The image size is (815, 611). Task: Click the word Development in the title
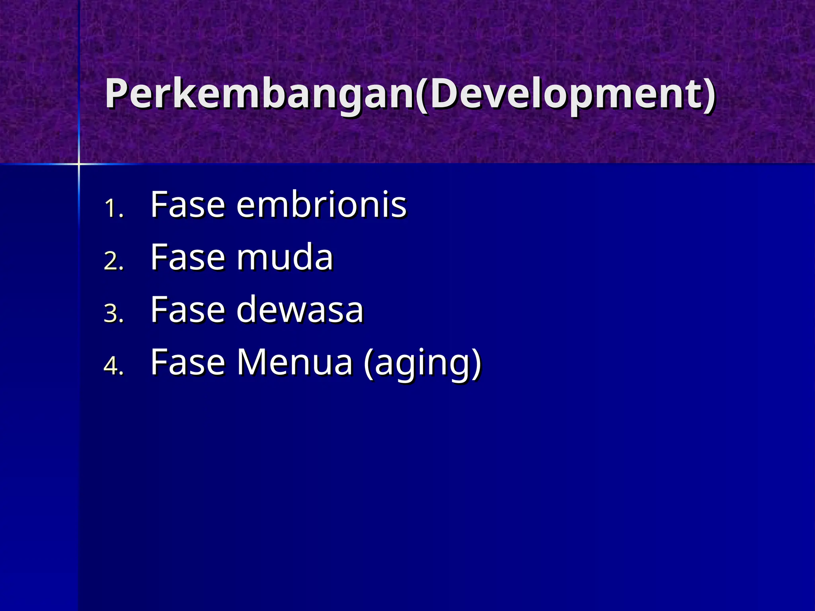coord(565,94)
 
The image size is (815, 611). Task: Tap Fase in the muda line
coord(188,257)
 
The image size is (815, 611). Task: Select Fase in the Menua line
coord(188,362)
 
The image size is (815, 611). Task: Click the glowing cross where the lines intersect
coord(79,163)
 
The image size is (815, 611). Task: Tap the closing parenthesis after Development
coord(709,95)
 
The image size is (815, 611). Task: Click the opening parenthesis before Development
coord(422,95)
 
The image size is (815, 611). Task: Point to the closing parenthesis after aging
coord(476,363)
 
